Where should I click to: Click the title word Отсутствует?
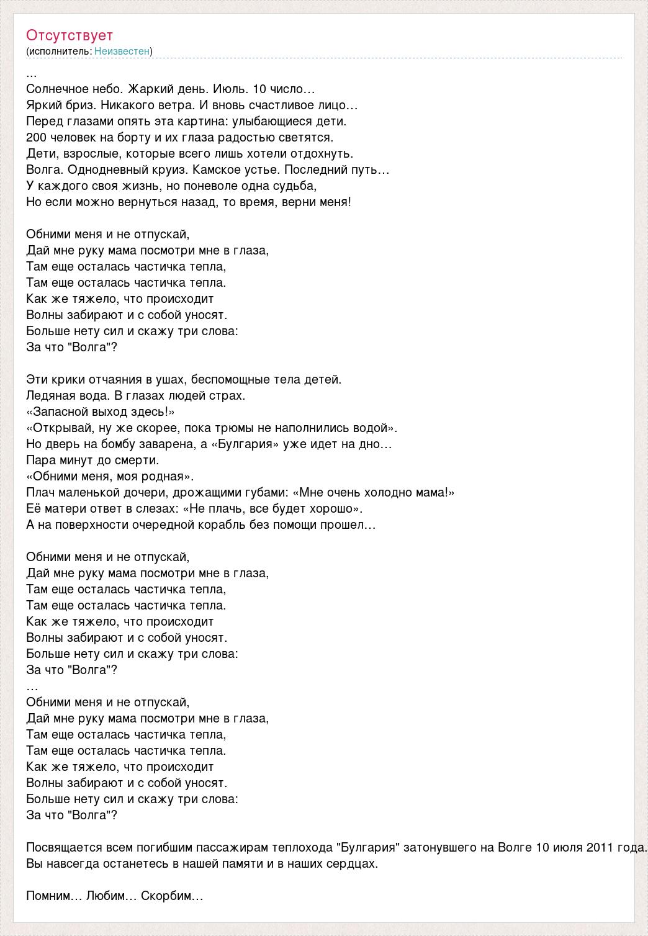point(70,35)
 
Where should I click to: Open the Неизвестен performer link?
point(122,51)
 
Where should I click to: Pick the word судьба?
point(295,186)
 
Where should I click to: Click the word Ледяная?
point(52,395)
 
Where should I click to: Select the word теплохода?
point(302,848)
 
